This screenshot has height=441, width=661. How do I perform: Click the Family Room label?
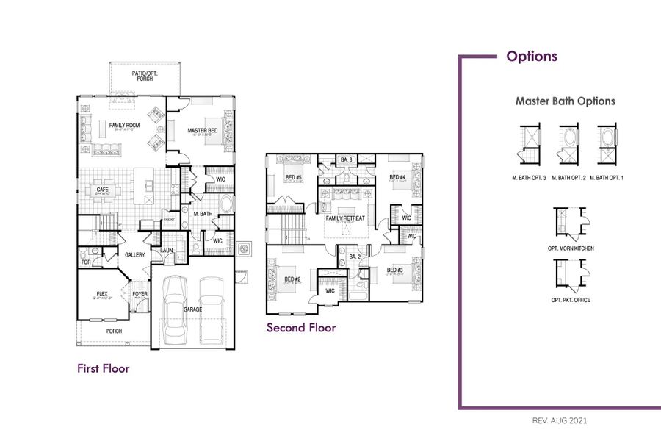click(124, 126)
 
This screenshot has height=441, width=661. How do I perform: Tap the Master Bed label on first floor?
click(203, 131)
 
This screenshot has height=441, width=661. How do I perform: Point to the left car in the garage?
click(176, 307)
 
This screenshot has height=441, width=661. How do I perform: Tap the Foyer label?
click(140, 294)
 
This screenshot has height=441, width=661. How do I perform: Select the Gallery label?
click(134, 255)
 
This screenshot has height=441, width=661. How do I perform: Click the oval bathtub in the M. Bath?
click(226, 204)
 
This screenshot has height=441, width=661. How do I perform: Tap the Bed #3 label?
click(395, 270)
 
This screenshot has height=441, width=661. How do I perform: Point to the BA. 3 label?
click(347, 159)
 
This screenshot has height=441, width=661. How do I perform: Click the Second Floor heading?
click(301, 328)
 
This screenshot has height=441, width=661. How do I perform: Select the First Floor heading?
click(104, 368)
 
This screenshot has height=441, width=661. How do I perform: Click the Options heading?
click(531, 57)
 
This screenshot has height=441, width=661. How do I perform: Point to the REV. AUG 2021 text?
click(559, 421)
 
